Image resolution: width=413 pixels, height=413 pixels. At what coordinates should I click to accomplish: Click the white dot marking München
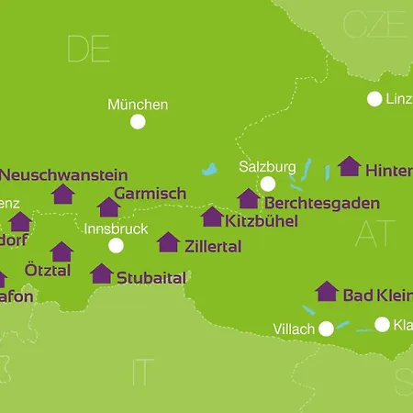(x=138, y=121)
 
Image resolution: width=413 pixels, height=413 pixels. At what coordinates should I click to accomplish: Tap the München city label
(x=138, y=105)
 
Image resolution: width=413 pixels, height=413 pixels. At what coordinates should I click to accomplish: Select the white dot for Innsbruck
(x=116, y=245)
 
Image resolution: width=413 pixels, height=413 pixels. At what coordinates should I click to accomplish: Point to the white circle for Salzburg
(x=267, y=184)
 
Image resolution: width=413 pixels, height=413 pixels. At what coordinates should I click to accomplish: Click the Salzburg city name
(x=266, y=167)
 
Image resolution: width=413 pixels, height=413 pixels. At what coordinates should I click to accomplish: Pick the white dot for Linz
(x=374, y=99)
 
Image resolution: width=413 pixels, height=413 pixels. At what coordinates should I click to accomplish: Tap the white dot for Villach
(x=325, y=329)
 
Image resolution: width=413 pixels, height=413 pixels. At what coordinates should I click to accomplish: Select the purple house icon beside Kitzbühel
(x=212, y=217)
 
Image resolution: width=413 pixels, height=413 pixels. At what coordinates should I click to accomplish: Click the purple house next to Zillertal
(x=168, y=242)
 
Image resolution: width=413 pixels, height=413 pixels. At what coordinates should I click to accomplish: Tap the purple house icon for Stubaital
(x=102, y=273)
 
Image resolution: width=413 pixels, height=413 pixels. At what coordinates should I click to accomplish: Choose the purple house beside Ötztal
(x=61, y=251)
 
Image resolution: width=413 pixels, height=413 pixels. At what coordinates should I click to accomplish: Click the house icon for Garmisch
(x=109, y=207)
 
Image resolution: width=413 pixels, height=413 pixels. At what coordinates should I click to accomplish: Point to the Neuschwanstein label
(x=64, y=174)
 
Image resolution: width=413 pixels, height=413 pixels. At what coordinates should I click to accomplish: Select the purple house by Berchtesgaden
(x=248, y=199)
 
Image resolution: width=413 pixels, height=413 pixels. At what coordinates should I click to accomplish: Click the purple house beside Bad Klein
(x=327, y=292)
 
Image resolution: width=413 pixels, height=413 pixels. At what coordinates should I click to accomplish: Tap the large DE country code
(x=88, y=50)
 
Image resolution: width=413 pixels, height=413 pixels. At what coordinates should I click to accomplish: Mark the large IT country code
(x=142, y=372)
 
